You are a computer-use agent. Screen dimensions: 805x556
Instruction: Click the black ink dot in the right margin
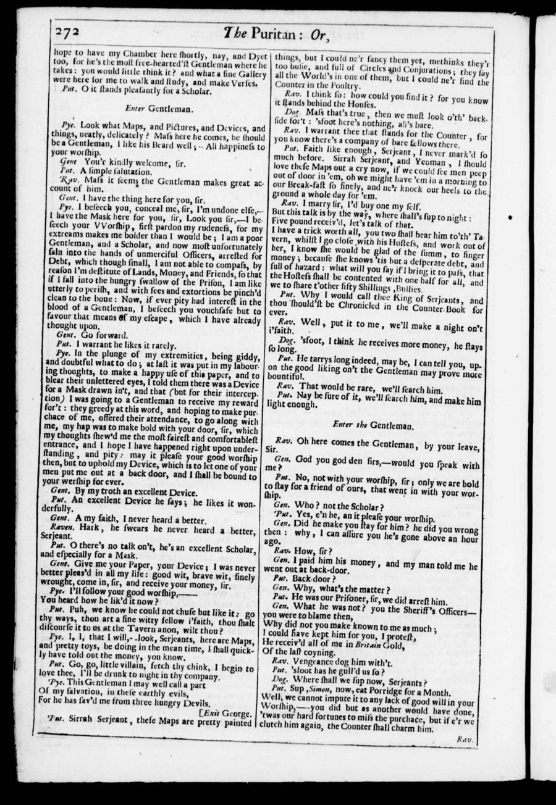tap(510, 218)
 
